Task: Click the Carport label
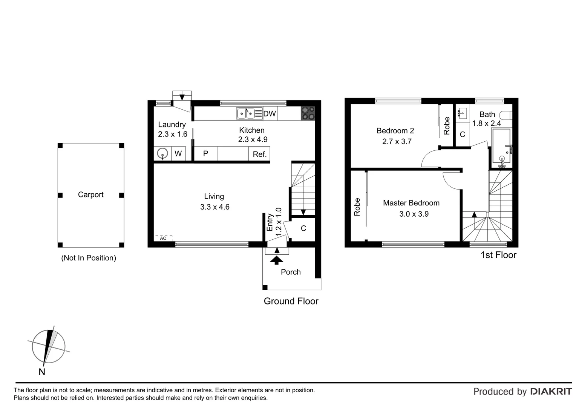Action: [x=90, y=194]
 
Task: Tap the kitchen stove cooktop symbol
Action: [x=308, y=113]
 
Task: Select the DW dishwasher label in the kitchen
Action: [x=270, y=114]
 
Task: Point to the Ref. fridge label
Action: [x=259, y=154]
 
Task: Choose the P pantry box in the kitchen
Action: [x=206, y=154]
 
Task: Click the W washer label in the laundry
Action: [x=178, y=153]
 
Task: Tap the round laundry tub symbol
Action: [x=162, y=153]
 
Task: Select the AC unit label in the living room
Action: [x=163, y=238]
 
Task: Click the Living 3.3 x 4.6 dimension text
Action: [x=215, y=207]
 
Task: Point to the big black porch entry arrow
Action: [x=277, y=260]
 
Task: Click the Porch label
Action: [x=291, y=272]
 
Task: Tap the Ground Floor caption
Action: [x=291, y=301]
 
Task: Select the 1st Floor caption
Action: [x=498, y=255]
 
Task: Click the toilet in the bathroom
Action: [x=506, y=115]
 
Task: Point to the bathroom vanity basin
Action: [x=462, y=113]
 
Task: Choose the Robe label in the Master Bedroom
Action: [x=357, y=207]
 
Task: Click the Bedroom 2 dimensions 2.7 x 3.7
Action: [x=397, y=141]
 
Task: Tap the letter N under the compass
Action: [x=42, y=372]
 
